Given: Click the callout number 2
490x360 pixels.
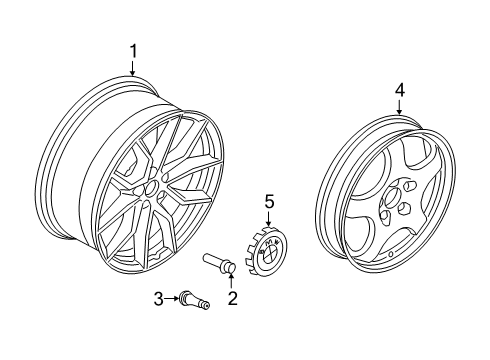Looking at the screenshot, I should pos(232,298).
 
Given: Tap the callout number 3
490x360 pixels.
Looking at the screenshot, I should pos(157,297).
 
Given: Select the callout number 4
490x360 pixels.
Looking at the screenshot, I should pos(399,91).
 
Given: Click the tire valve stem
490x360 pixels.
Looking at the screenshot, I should pos(192,297).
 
